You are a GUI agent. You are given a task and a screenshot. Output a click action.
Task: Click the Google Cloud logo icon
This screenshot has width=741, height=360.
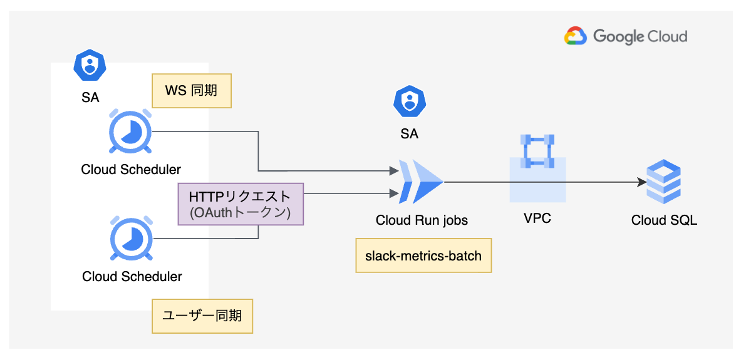pyautogui.click(x=575, y=36)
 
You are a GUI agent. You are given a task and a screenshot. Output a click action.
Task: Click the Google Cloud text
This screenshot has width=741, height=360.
pyautogui.click(x=640, y=36)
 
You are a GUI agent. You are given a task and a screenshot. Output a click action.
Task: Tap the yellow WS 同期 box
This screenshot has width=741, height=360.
pyautogui.click(x=192, y=91)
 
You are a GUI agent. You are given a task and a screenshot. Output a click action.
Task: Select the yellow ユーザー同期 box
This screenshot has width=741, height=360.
pyautogui.click(x=202, y=316)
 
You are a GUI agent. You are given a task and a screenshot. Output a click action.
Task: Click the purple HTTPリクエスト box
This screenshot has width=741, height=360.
pyautogui.click(x=241, y=204)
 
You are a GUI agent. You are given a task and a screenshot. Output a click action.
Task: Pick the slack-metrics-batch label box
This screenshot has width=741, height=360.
pyautogui.click(x=423, y=255)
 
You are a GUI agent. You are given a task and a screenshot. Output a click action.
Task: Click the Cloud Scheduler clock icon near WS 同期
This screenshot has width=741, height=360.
pyautogui.click(x=130, y=132)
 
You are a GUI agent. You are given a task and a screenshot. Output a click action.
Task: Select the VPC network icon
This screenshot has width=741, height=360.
pyautogui.click(x=538, y=152)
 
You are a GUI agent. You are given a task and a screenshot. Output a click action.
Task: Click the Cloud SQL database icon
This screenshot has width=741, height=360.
pyautogui.click(x=663, y=182)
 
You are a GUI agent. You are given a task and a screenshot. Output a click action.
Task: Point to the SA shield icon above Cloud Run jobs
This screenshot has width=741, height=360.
pyautogui.click(x=410, y=101)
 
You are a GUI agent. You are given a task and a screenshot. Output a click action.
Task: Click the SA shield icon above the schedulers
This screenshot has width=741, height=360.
pyautogui.click(x=90, y=64)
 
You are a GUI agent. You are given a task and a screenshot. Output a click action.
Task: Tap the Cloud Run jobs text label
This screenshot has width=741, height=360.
pyautogui.click(x=422, y=220)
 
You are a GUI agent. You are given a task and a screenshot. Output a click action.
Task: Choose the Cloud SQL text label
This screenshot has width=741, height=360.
pyautogui.click(x=664, y=220)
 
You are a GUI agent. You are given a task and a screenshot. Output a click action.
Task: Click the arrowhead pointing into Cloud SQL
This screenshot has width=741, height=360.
pyautogui.click(x=642, y=182)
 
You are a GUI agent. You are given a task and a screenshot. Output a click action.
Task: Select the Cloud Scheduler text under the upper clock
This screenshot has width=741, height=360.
pyautogui.click(x=131, y=169)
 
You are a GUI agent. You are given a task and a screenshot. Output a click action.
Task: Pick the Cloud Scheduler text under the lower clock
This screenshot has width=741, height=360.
pyautogui.click(x=132, y=276)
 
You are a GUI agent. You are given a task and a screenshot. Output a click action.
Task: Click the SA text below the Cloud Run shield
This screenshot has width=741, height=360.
pyautogui.click(x=410, y=133)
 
